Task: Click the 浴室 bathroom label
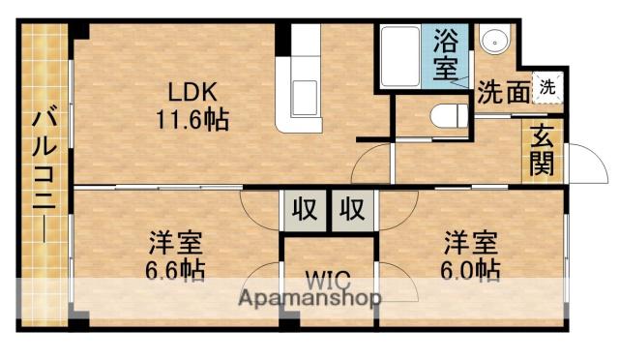[x=446, y=54]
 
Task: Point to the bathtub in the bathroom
[x=399, y=57]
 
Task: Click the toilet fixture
[x=448, y=115]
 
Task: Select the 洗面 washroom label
[x=502, y=91]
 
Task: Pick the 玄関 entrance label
[x=540, y=151]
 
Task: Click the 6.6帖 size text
[x=176, y=270]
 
